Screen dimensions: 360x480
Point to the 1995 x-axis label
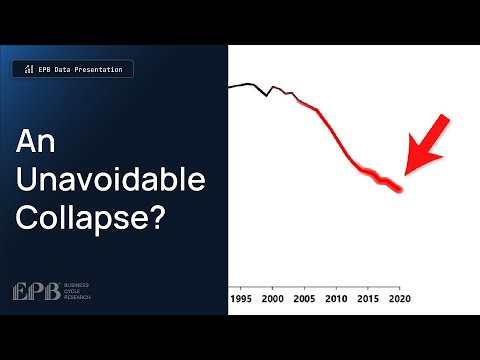point(241,299)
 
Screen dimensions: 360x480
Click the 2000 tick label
point(273,299)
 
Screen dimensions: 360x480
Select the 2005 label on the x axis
point(305,299)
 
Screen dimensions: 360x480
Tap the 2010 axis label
point(337,299)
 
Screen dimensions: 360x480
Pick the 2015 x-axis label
point(368,299)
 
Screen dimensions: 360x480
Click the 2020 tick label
point(400,299)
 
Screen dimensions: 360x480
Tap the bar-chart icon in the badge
point(27,70)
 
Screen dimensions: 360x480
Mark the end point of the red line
point(400,189)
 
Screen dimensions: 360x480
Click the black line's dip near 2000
point(266,96)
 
